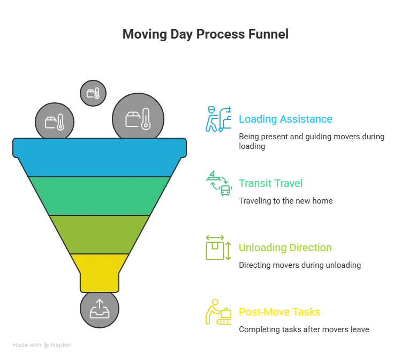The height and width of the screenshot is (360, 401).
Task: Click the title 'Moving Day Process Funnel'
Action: tap(206, 34)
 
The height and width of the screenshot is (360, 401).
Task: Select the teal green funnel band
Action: tap(100, 196)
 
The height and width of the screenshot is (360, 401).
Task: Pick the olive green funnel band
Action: tap(100, 235)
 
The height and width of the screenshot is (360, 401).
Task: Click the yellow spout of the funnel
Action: tap(100, 273)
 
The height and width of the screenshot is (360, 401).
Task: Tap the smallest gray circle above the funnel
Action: tap(93, 93)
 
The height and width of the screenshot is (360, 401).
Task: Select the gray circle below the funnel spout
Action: tap(100, 309)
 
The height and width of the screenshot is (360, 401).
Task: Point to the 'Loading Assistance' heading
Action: tap(285, 119)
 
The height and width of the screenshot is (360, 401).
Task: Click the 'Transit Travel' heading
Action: tap(270, 183)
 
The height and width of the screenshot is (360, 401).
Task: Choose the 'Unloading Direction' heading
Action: tap(285, 247)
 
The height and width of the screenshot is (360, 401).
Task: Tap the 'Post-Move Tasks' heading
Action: tap(279, 312)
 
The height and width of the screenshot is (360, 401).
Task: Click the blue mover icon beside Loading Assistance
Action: tap(218, 119)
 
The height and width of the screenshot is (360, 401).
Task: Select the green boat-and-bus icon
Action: tap(218, 183)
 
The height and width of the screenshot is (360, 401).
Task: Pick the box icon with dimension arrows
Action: tap(218, 247)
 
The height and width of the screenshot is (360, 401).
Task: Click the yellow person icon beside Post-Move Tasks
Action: tap(218, 312)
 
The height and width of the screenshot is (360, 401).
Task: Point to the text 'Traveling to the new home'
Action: tap(286, 201)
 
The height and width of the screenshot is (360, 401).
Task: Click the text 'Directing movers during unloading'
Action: tap(300, 265)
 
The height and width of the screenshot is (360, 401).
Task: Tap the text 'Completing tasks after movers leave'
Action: tap(304, 329)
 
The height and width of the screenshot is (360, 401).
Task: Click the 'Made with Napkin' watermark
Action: tap(41, 345)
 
